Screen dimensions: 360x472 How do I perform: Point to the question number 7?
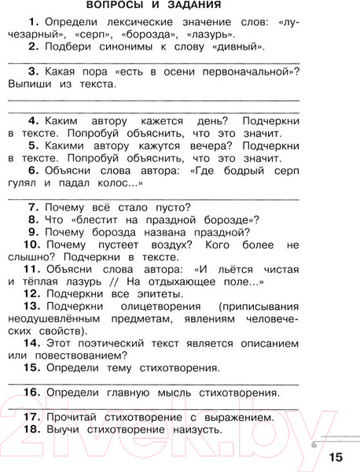point(33,208)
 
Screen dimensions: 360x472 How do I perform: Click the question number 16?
point(31,391)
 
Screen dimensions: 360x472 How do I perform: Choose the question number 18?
point(31,430)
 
